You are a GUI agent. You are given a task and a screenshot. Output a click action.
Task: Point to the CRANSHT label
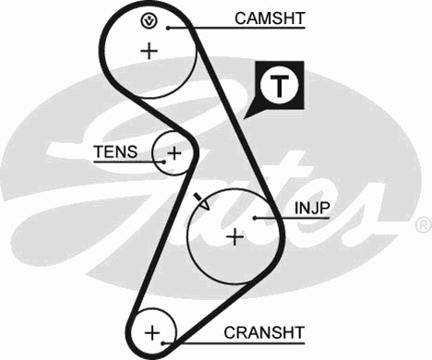click(263, 331)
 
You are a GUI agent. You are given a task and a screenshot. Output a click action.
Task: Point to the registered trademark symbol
click(423, 224)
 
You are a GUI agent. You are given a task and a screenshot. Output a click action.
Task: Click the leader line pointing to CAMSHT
click(212, 27)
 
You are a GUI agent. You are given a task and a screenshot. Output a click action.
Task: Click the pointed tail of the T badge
click(250, 114)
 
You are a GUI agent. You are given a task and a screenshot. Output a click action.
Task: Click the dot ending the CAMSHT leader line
click(191, 27)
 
